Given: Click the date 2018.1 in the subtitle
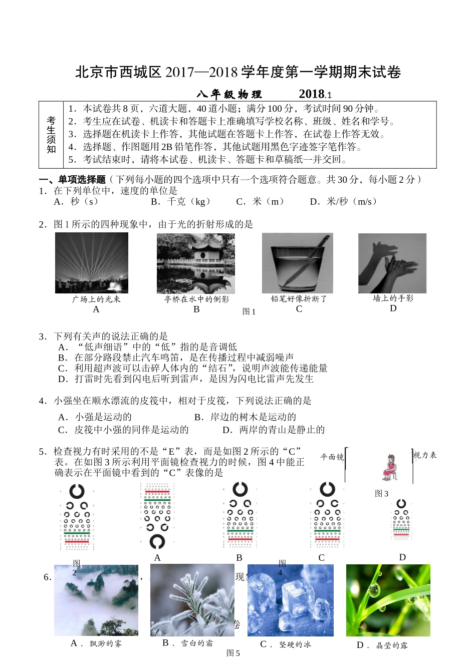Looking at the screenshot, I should (315, 94).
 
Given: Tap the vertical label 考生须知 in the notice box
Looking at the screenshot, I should (51, 135).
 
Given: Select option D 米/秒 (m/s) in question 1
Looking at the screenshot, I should (343, 201).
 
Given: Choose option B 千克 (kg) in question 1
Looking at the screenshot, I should (181, 201).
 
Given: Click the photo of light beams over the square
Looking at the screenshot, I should (92, 263).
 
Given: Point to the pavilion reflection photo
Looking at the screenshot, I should (196, 263).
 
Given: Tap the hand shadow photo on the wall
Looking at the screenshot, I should (392, 263).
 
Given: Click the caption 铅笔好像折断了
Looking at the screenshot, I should (299, 298).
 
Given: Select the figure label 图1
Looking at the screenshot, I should (249, 311).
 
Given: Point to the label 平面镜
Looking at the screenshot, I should (332, 457).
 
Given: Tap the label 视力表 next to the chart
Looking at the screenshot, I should (425, 455).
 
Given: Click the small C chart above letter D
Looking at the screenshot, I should (401, 519).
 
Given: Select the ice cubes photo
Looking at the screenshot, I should (291, 600).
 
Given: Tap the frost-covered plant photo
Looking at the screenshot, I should (192, 600).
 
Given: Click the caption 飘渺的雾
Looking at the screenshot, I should (105, 643).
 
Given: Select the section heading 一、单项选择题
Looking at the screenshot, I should (73, 179).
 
